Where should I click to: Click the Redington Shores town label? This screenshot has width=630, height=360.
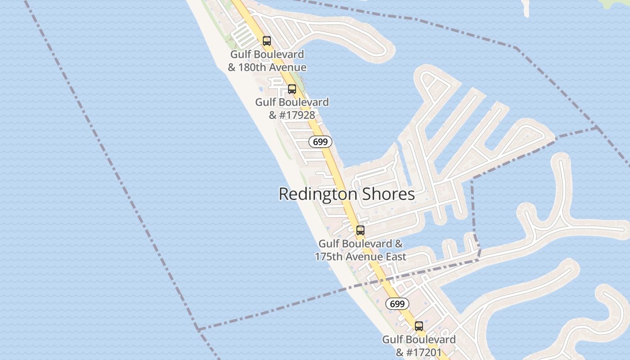[346, 194]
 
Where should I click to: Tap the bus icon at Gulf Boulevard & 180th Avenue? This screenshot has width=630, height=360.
[267, 41]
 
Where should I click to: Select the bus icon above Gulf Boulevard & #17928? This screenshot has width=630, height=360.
[292, 89]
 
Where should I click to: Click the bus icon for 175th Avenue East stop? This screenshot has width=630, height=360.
[360, 230]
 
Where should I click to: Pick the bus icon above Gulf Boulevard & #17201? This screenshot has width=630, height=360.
[419, 326]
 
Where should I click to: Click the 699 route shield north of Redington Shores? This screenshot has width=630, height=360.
[320, 142]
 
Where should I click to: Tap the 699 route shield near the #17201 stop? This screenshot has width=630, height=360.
[397, 304]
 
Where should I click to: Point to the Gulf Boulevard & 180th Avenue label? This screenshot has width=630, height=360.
[267, 61]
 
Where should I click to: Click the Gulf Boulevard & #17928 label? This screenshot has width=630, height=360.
[292, 108]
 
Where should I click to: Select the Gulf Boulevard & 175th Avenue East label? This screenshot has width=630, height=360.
[360, 250]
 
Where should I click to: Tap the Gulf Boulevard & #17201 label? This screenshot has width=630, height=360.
[419, 346]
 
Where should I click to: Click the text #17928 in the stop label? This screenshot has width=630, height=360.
[297, 115]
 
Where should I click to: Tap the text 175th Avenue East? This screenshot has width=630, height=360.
[360, 256]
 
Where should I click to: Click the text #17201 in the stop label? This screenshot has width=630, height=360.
[424, 352]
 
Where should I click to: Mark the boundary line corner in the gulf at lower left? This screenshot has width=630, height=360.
[198, 330]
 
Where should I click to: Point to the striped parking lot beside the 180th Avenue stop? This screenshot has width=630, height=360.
[243, 36]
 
